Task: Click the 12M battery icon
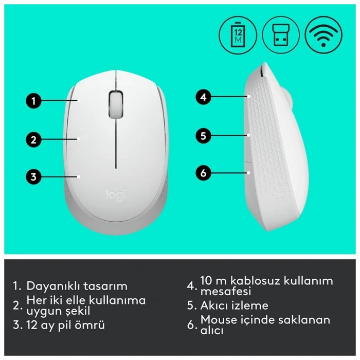click(x=238, y=34)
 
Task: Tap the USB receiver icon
click(x=281, y=34)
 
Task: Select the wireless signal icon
click(x=323, y=34)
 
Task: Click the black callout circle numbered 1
click(x=33, y=100)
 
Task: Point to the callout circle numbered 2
click(x=33, y=139)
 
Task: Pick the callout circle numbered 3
click(x=33, y=177)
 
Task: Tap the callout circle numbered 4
click(x=204, y=97)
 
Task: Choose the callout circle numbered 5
click(x=204, y=136)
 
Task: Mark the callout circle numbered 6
click(x=204, y=173)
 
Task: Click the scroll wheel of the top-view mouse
click(x=117, y=103)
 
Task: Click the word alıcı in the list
click(x=212, y=331)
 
